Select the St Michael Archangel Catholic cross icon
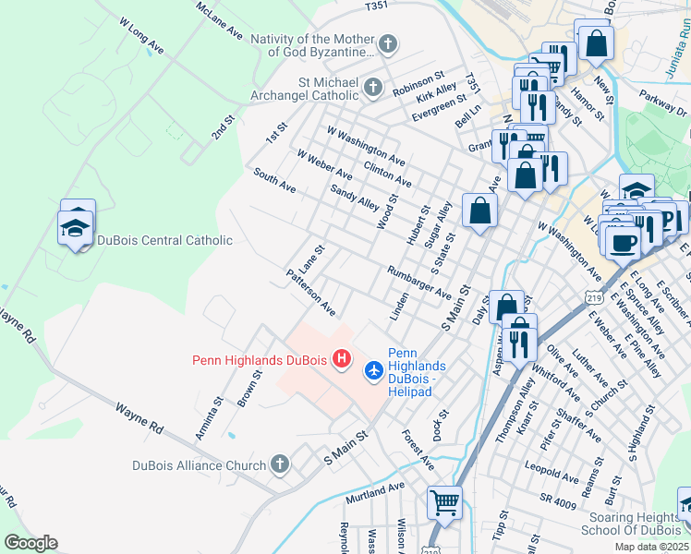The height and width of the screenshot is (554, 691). coord(373,88)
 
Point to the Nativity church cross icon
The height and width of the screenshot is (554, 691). coord(389,43)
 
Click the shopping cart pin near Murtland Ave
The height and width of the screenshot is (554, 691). coord(445,503)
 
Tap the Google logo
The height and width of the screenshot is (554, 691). coord(30,543)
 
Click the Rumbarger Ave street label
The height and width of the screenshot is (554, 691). coord(419,282)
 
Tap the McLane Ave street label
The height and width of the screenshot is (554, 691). coord(220,20)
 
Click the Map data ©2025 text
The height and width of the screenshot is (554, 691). coord(651,547)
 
